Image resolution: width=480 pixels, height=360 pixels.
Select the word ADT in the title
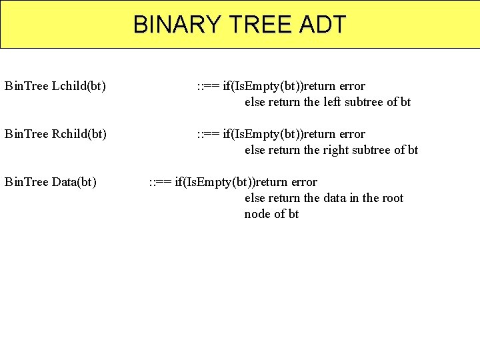click(x=323, y=25)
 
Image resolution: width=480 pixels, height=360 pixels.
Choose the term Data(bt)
click(x=73, y=183)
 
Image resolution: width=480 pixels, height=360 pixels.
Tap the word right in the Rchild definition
click(x=336, y=150)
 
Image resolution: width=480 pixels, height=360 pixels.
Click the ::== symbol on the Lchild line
click(x=208, y=87)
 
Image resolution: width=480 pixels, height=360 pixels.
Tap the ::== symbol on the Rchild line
click(x=208, y=135)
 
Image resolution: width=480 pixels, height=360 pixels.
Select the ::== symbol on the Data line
click(x=159, y=183)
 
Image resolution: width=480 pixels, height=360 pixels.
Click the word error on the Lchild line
click(x=352, y=87)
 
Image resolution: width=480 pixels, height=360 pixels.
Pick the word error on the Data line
click(x=304, y=183)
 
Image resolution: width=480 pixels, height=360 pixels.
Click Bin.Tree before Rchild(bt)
click(x=26, y=135)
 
